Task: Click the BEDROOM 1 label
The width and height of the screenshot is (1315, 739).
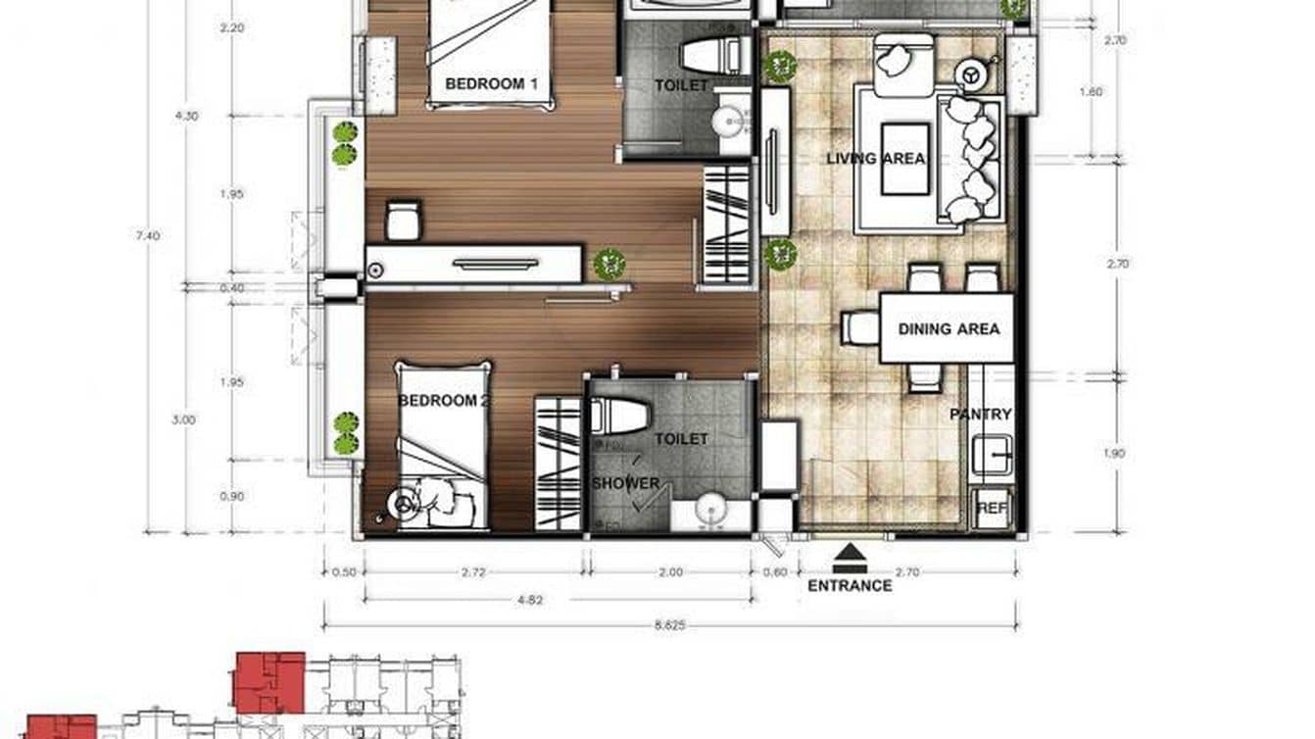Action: [x=491, y=84]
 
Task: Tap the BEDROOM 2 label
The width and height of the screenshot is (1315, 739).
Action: [x=444, y=401]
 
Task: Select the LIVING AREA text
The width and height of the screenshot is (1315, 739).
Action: [x=875, y=159]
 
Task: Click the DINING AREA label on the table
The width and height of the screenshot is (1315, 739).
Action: [x=949, y=329]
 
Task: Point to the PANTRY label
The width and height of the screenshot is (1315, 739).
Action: [x=980, y=416]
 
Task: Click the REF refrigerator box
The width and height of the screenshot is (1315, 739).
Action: [x=991, y=509]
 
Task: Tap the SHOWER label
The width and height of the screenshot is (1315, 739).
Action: [x=625, y=484]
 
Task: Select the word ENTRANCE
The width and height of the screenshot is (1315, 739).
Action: [x=850, y=586]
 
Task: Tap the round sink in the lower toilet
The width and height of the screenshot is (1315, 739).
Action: [x=707, y=512]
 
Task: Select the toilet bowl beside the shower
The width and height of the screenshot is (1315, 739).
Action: [x=620, y=416]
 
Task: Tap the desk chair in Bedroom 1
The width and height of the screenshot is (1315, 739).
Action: [x=403, y=221]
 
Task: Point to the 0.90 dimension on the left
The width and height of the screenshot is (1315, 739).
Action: [x=232, y=497]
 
